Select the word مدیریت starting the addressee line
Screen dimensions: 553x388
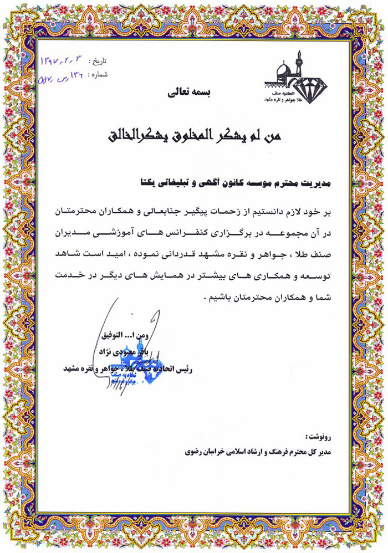tap(313, 181)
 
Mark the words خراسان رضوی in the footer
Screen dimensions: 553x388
tap(205, 452)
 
